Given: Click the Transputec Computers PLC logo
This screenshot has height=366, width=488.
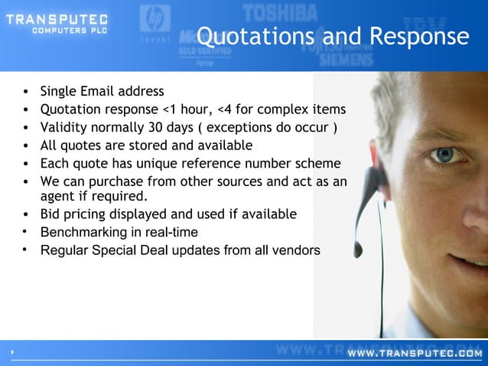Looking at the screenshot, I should (x=57, y=24).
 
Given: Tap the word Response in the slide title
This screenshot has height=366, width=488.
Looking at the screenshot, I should (x=419, y=36).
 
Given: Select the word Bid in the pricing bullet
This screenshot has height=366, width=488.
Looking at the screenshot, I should (x=51, y=214).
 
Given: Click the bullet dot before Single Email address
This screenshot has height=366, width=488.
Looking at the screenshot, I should (x=26, y=92).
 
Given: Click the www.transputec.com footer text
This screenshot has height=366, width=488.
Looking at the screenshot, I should (x=414, y=354).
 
